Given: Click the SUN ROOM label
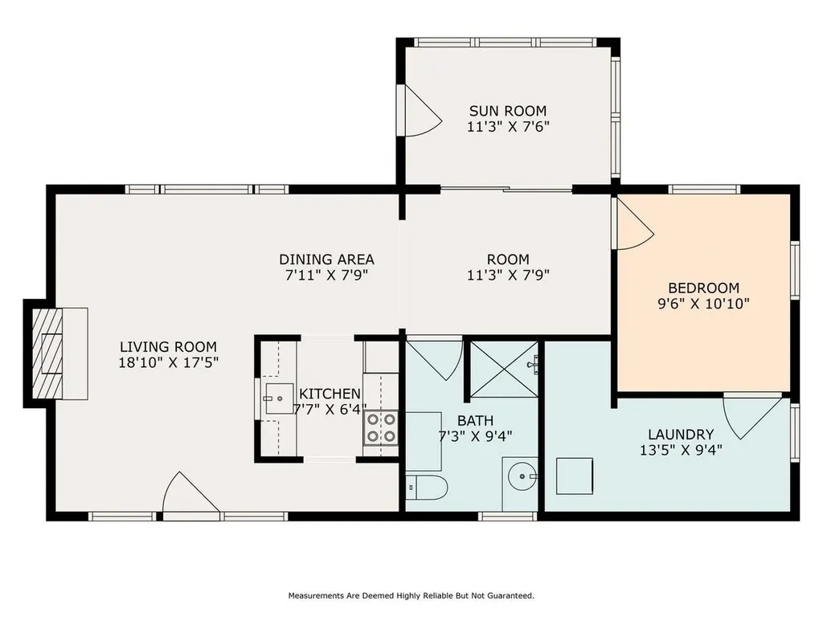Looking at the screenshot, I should (x=507, y=111).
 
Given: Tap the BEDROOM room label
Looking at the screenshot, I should (x=703, y=288).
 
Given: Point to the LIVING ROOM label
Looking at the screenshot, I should (x=169, y=347).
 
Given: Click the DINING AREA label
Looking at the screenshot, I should (x=326, y=259).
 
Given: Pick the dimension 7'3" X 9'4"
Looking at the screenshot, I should (x=474, y=436).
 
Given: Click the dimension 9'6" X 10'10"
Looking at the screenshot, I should (x=703, y=304).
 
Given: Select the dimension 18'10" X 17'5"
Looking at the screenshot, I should (x=169, y=362).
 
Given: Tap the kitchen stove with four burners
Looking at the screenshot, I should (x=381, y=427).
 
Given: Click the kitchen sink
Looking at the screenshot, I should (x=278, y=397).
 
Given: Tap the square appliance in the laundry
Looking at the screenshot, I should (x=575, y=476).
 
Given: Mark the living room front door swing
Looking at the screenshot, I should (x=190, y=493).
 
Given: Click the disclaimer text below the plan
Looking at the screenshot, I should (x=411, y=595).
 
